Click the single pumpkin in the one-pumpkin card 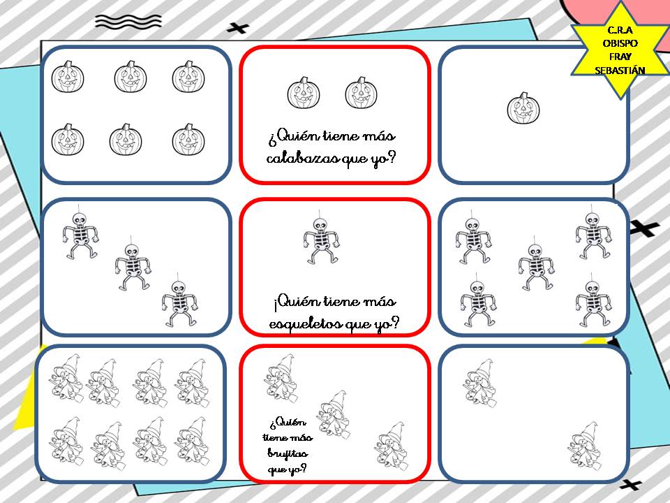point(523,108)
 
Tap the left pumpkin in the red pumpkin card point(304,93)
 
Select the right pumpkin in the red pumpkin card point(362,93)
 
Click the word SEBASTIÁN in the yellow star point(620,71)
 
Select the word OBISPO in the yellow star point(620,43)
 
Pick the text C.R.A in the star point(620,30)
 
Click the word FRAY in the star point(620,57)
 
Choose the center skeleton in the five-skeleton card point(536,264)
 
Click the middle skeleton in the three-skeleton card point(133,263)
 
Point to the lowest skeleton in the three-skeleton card point(179,300)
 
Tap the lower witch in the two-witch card point(584,446)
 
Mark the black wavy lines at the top point(128,22)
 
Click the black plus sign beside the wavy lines point(237,28)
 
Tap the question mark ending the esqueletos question point(394,322)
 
